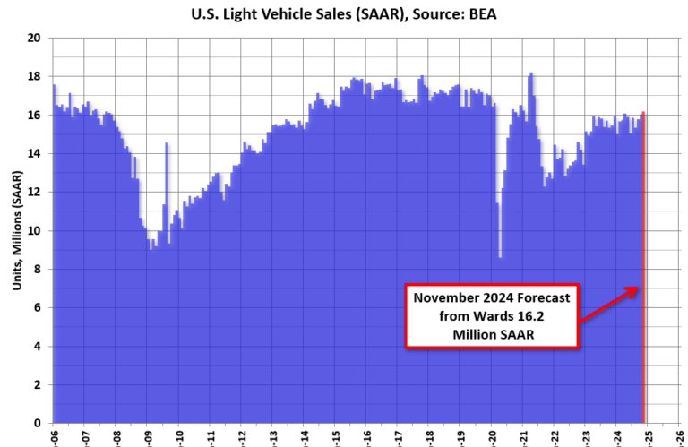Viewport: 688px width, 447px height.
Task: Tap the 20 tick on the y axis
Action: click(x=35, y=39)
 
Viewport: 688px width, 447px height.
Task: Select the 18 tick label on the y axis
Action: click(x=35, y=77)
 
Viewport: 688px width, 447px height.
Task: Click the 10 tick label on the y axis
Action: click(x=35, y=231)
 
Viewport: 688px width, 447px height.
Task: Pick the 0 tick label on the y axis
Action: click(x=38, y=424)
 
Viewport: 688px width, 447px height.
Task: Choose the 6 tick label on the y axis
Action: click(x=38, y=308)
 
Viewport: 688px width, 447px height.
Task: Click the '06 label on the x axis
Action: click(x=54, y=436)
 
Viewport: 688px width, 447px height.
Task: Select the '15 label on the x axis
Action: click(x=336, y=436)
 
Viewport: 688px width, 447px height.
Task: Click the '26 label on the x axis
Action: click(x=681, y=436)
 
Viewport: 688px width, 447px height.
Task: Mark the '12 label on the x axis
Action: click(x=242, y=436)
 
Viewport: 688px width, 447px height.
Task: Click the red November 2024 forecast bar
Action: click(x=643, y=269)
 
